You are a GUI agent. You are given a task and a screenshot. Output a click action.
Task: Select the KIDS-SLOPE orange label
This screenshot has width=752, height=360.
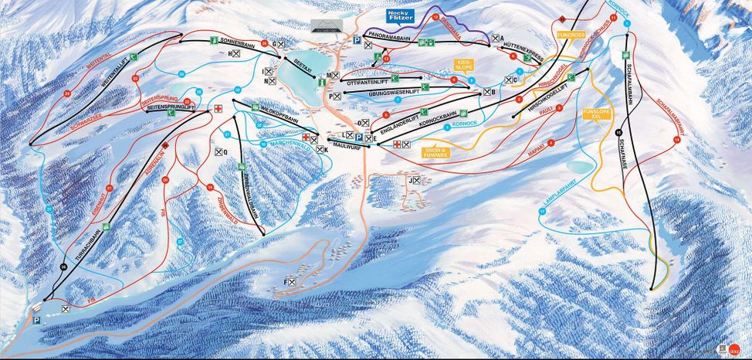coord(466,66)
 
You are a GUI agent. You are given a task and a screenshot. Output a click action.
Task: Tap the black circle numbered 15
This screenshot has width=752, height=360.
coord(618,133)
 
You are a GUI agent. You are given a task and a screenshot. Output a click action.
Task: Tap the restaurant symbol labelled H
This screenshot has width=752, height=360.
coord(235,53)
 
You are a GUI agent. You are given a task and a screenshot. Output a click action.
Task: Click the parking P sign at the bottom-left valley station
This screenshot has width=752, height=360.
coord(36,319)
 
